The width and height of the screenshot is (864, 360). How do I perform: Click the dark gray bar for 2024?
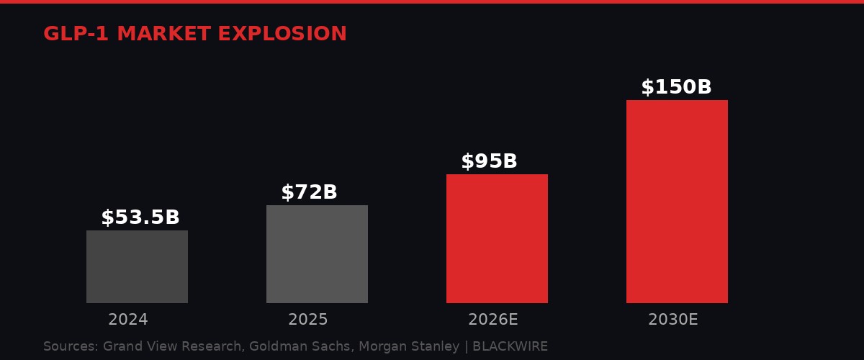pyautogui.click(x=137, y=266)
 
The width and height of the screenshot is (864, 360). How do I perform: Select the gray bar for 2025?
pyautogui.click(x=317, y=253)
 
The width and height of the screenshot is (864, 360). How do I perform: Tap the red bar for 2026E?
pyautogui.click(x=497, y=238)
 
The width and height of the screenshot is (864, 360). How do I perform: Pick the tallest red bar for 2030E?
pyautogui.click(x=677, y=202)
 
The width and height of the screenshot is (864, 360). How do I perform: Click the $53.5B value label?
pyautogui.click(x=140, y=217)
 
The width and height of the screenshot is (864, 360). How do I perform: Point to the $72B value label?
pyautogui.click(x=309, y=192)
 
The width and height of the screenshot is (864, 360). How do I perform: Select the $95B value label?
pyautogui.click(x=489, y=161)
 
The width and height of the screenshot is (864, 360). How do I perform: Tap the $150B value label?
pyautogui.click(x=676, y=87)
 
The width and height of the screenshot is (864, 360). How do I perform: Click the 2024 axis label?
pyautogui.click(x=128, y=320)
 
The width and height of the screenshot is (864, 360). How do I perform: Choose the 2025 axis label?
pyautogui.click(x=308, y=320)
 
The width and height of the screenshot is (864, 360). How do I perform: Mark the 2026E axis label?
pyautogui.click(x=493, y=320)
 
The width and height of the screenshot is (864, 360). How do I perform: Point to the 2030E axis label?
pyautogui.click(x=673, y=320)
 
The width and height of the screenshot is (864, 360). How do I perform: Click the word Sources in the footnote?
pyautogui.click(x=71, y=346)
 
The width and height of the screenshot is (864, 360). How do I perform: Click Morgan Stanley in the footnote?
pyautogui.click(x=409, y=346)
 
